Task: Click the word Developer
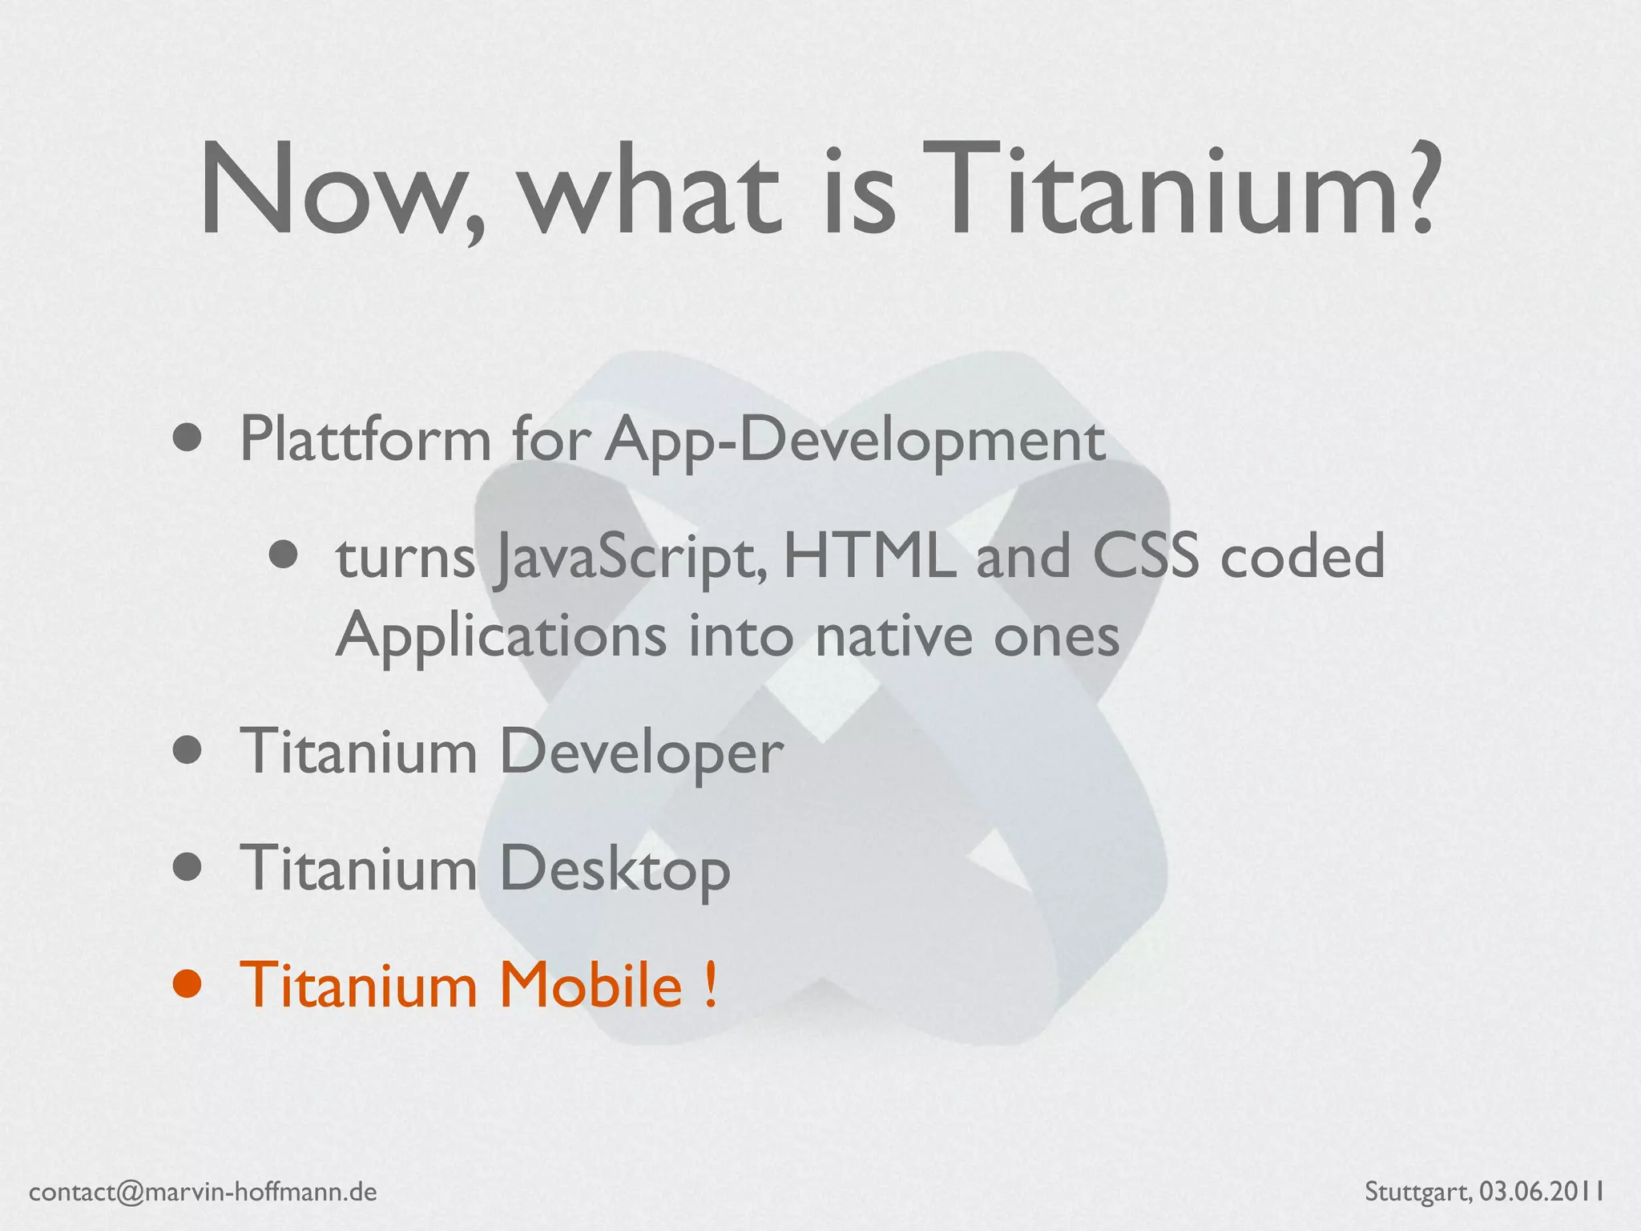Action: pyautogui.click(x=641, y=753)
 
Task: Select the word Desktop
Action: pyautogui.click(x=615, y=870)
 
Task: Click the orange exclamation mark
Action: pyautogui.click(x=709, y=985)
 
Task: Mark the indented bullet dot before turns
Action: pyautogui.click(x=284, y=554)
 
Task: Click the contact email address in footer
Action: pyautogui.click(x=203, y=1193)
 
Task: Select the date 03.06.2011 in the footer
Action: pyautogui.click(x=1542, y=1192)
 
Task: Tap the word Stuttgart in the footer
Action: pyautogui.click(x=1417, y=1193)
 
